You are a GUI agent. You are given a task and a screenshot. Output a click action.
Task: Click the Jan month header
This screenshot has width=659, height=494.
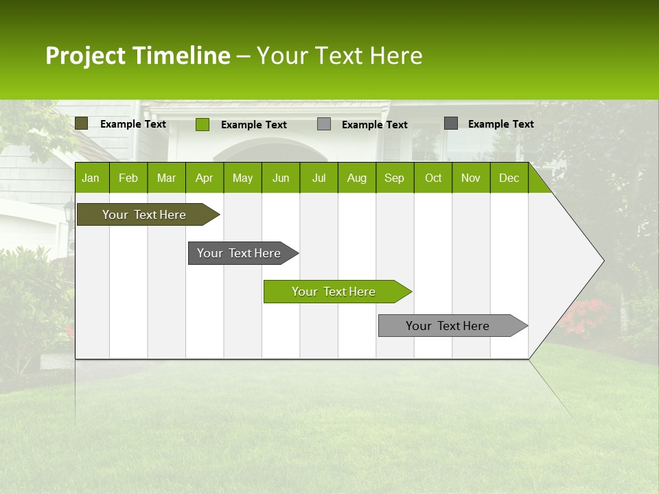(91, 178)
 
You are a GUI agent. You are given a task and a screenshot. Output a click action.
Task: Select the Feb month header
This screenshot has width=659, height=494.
(128, 178)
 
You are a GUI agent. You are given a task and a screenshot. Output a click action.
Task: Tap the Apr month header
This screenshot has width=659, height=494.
(204, 178)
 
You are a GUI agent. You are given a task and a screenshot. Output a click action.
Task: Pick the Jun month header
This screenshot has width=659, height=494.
(281, 178)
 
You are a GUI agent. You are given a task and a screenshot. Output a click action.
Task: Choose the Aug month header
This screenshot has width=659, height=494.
(356, 178)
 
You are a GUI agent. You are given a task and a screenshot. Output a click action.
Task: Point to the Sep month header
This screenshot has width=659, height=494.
(394, 178)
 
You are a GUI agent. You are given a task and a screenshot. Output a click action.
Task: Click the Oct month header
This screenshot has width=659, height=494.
(433, 178)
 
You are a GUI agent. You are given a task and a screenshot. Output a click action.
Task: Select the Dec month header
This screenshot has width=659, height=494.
(509, 178)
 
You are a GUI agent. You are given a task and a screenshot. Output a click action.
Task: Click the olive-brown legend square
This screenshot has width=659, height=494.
(82, 123)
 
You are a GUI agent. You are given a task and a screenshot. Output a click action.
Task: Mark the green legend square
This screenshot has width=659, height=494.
(203, 124)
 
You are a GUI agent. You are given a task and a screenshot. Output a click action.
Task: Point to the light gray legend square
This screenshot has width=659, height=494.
(324, 124)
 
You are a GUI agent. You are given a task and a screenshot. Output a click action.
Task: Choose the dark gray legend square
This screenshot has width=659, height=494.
(451, 123)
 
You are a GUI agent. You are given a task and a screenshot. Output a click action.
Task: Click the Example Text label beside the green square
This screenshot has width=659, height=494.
(253, 125)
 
